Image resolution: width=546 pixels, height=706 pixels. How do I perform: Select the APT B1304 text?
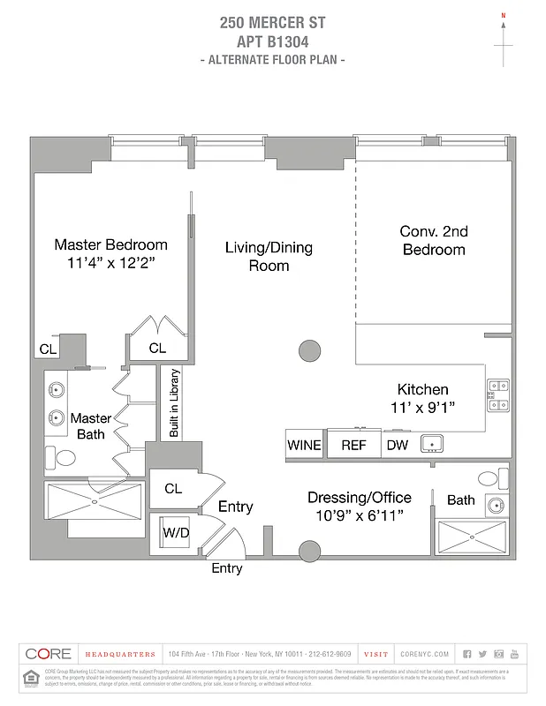(x=272, y=41)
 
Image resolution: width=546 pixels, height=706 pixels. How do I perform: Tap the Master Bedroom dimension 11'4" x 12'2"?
(x=110, y=262)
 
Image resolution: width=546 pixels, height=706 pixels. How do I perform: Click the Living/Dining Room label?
(x=269, y=256)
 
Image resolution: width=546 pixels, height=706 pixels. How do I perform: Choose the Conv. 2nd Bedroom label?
(x=433, y=240)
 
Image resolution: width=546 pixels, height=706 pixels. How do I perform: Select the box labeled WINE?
(x=304, y=445)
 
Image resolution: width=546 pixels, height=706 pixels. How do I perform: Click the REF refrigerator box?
(x=353, y=445)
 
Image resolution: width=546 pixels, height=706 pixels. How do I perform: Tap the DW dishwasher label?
(x=398, y=445)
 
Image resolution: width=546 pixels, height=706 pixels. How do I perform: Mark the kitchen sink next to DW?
(x=431, y=443)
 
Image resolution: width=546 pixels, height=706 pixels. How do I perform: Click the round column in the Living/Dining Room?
(x=309, y=351)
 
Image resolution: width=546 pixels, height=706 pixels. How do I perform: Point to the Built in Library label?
(x=174, y=402)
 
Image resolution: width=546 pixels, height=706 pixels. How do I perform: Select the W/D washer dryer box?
(x=175, y=534)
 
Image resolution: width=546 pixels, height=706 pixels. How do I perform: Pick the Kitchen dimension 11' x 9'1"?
(x=422, y=407)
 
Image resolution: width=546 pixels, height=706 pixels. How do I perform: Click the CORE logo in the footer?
(x=49, y=654)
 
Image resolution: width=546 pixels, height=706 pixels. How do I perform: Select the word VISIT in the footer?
(x=375, y=654)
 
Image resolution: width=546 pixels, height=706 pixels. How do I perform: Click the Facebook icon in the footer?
(x=466, y=654)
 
